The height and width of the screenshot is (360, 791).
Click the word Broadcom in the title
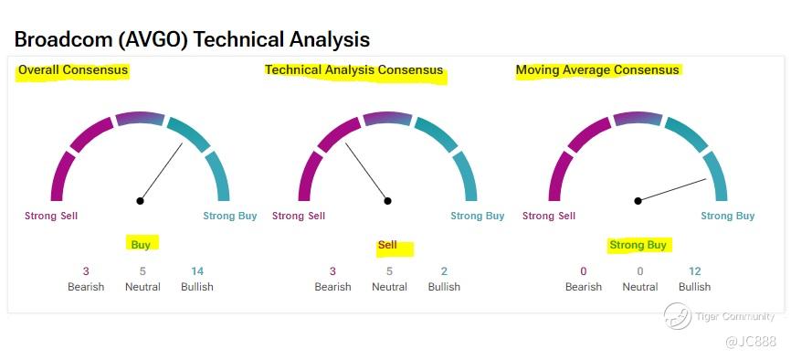click(x=63, y=39)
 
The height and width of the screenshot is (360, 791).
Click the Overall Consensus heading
click(x=73, y=69)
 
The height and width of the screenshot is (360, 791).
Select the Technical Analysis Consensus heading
click(x=354, y=69)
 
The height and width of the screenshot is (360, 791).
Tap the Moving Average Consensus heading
click(x=597, y=69)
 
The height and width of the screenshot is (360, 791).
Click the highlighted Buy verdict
click(x=141, y=245)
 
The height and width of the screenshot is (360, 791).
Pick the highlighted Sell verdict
click(x=387, y=245)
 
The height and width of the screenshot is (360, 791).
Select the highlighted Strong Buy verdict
click(x=638, y=245)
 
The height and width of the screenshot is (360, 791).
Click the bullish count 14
click(x=196, y=271)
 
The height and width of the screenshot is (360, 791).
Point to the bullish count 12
click(x=695, y=271)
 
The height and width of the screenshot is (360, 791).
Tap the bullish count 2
click(x=444, y=271)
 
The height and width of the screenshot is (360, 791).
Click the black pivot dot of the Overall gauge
click(x=141, y=201)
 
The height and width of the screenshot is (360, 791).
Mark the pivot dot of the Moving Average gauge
click(x=638, y=201)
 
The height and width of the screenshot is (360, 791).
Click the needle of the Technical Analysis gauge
click(x=366, y=172)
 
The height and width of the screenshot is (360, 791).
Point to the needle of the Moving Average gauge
click(x=672, y=190)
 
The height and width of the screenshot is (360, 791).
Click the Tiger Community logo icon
click(x=677, y=316)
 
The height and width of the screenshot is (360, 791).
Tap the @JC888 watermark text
click(x=751, y=342)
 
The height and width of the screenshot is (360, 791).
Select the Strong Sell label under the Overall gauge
click(x=51, y=217)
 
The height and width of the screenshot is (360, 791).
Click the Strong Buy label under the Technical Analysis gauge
click(x=477, y=217)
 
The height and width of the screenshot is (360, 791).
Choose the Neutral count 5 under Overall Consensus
click(x=142, y=271)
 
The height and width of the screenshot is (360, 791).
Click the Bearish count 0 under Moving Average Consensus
click(x=583, y=271)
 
